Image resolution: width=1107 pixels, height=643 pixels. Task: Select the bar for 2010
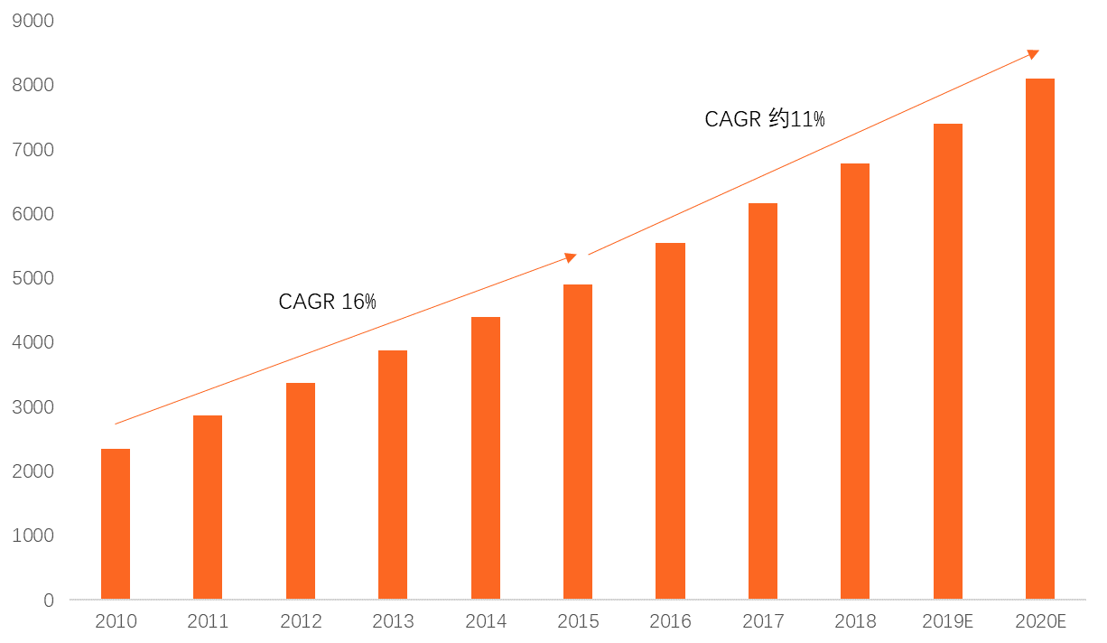tap(116, 524)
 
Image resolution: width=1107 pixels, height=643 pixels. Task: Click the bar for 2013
tap(393, 474)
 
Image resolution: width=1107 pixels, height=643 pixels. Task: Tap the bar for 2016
tap(670, 421)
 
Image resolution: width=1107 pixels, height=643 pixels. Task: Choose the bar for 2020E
tap(1040, 339)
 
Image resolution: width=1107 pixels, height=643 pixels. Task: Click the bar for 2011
tap(208, 507)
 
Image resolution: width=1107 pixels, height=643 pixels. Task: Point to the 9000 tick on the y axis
tap(33, 20)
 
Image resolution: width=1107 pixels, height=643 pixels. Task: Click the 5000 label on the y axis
tap(33, 278)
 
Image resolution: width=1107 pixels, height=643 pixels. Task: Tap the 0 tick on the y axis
tap(49, 601)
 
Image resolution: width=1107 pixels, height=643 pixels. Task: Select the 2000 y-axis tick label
tap(33, 471)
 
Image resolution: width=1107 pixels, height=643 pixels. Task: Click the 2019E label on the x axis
tap(947, 622)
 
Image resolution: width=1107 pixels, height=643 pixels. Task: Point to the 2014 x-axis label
tap(486, 622)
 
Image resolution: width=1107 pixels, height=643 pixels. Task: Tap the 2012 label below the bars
tap(301, 622)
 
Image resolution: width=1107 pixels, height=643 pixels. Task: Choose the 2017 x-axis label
tap(763, 622)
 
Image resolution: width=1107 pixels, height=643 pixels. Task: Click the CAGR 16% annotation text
tap(327, 302)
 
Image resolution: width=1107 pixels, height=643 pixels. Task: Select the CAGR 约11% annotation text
tap(764, 119)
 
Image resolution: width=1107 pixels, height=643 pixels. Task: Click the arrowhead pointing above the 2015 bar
tap(571, 257)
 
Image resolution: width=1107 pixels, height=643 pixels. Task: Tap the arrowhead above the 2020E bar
tap(1033, 54)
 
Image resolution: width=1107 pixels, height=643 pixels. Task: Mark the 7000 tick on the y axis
tap(33, 149)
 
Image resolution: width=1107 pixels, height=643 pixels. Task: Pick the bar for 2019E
tap(948, 361)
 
